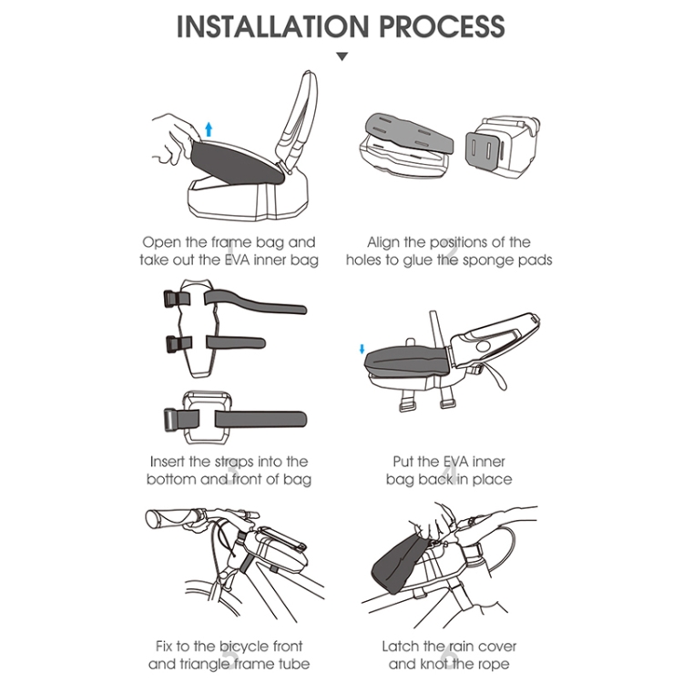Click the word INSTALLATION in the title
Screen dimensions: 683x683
pos(272,26)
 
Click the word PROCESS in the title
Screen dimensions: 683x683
pos(442,26)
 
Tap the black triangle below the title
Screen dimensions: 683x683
pos(342,56)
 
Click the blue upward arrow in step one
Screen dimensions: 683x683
pos(209,129)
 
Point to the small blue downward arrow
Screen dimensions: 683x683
pos(362,349)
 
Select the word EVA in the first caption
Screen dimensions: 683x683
pos(237,260)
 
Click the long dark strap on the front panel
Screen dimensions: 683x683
pos(260,420)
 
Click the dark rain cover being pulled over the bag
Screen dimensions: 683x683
pos(396,564)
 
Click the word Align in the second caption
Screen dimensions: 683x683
pos(382,242)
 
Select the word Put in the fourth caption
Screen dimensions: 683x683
pos(403,462)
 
